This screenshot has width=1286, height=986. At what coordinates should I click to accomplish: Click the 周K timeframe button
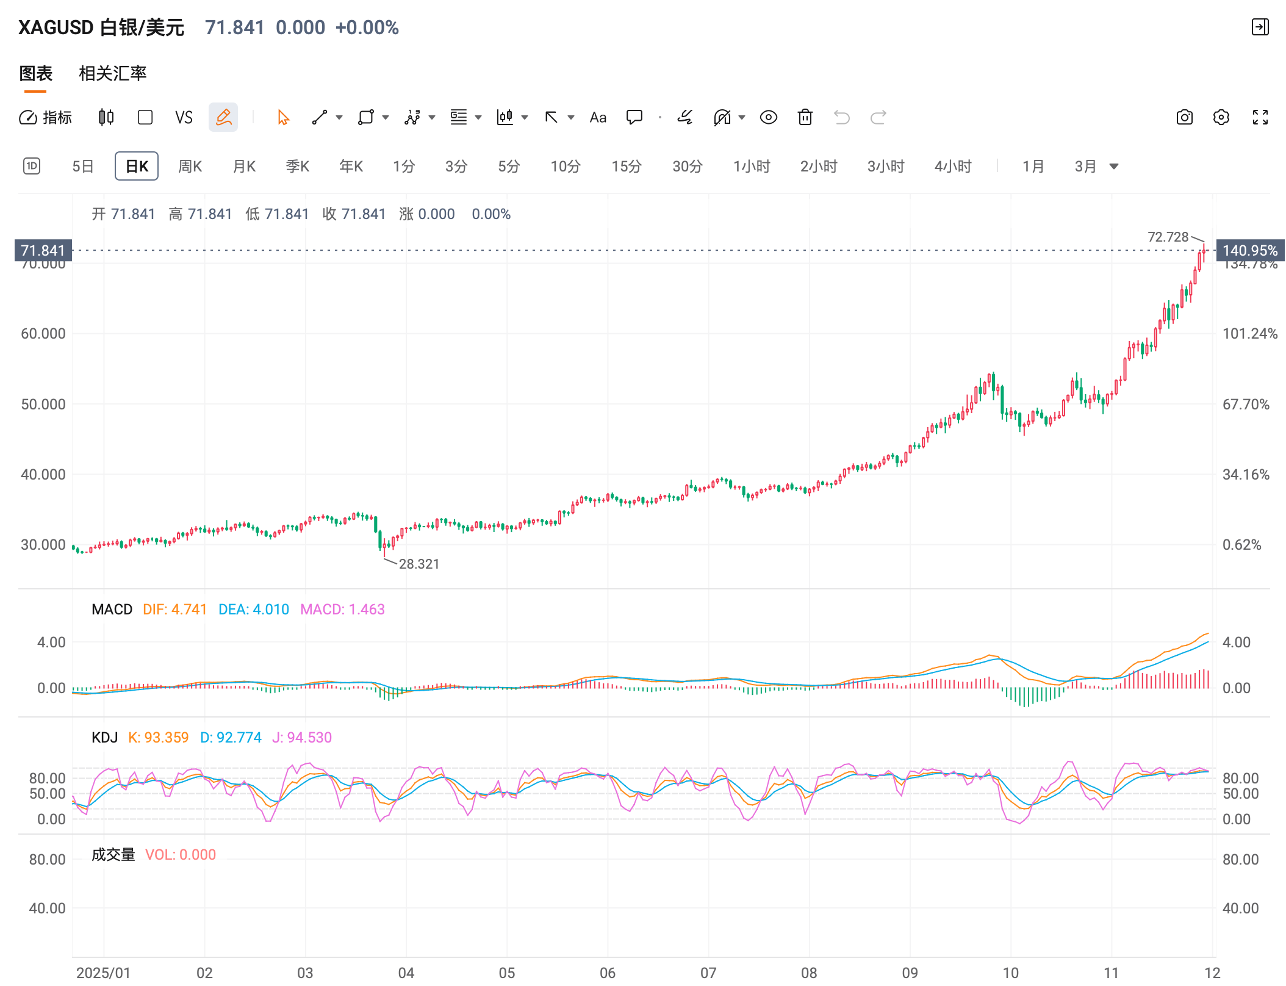point(190,166)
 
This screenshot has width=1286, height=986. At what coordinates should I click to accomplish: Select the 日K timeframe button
point(137,166)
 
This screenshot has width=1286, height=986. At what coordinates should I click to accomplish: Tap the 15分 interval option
point(626,166)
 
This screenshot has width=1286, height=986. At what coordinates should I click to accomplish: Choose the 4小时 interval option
point(952,166)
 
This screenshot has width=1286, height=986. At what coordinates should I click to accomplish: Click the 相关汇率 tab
point(113,73)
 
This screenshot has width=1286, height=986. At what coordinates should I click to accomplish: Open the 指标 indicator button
point(46,117)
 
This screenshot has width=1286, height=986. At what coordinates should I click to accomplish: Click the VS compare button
point(184,117)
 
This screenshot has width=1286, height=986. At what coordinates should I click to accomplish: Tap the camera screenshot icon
point(1184,117)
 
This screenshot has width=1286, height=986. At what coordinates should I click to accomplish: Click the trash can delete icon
point(805,117)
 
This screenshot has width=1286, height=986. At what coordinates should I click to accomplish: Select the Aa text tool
point(598,117)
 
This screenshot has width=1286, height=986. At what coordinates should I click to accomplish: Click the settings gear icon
point(1221,117)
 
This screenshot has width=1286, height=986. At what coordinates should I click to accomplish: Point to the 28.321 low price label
point(418,564)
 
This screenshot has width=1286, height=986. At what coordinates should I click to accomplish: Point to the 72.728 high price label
point(1168,237)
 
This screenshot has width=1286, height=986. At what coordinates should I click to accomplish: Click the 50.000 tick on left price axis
point(43,404)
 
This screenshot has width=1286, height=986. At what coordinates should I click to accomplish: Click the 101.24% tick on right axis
point(1249,333)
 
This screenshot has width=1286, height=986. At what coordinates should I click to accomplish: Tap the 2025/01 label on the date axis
point(103,973)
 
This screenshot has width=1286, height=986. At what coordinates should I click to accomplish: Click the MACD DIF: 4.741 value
point(174,609)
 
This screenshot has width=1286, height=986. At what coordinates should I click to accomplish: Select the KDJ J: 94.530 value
point(302,737)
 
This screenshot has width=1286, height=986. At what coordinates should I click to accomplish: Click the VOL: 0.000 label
point(181,854)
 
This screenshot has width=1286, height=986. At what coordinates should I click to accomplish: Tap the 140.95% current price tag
point(1249,250)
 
